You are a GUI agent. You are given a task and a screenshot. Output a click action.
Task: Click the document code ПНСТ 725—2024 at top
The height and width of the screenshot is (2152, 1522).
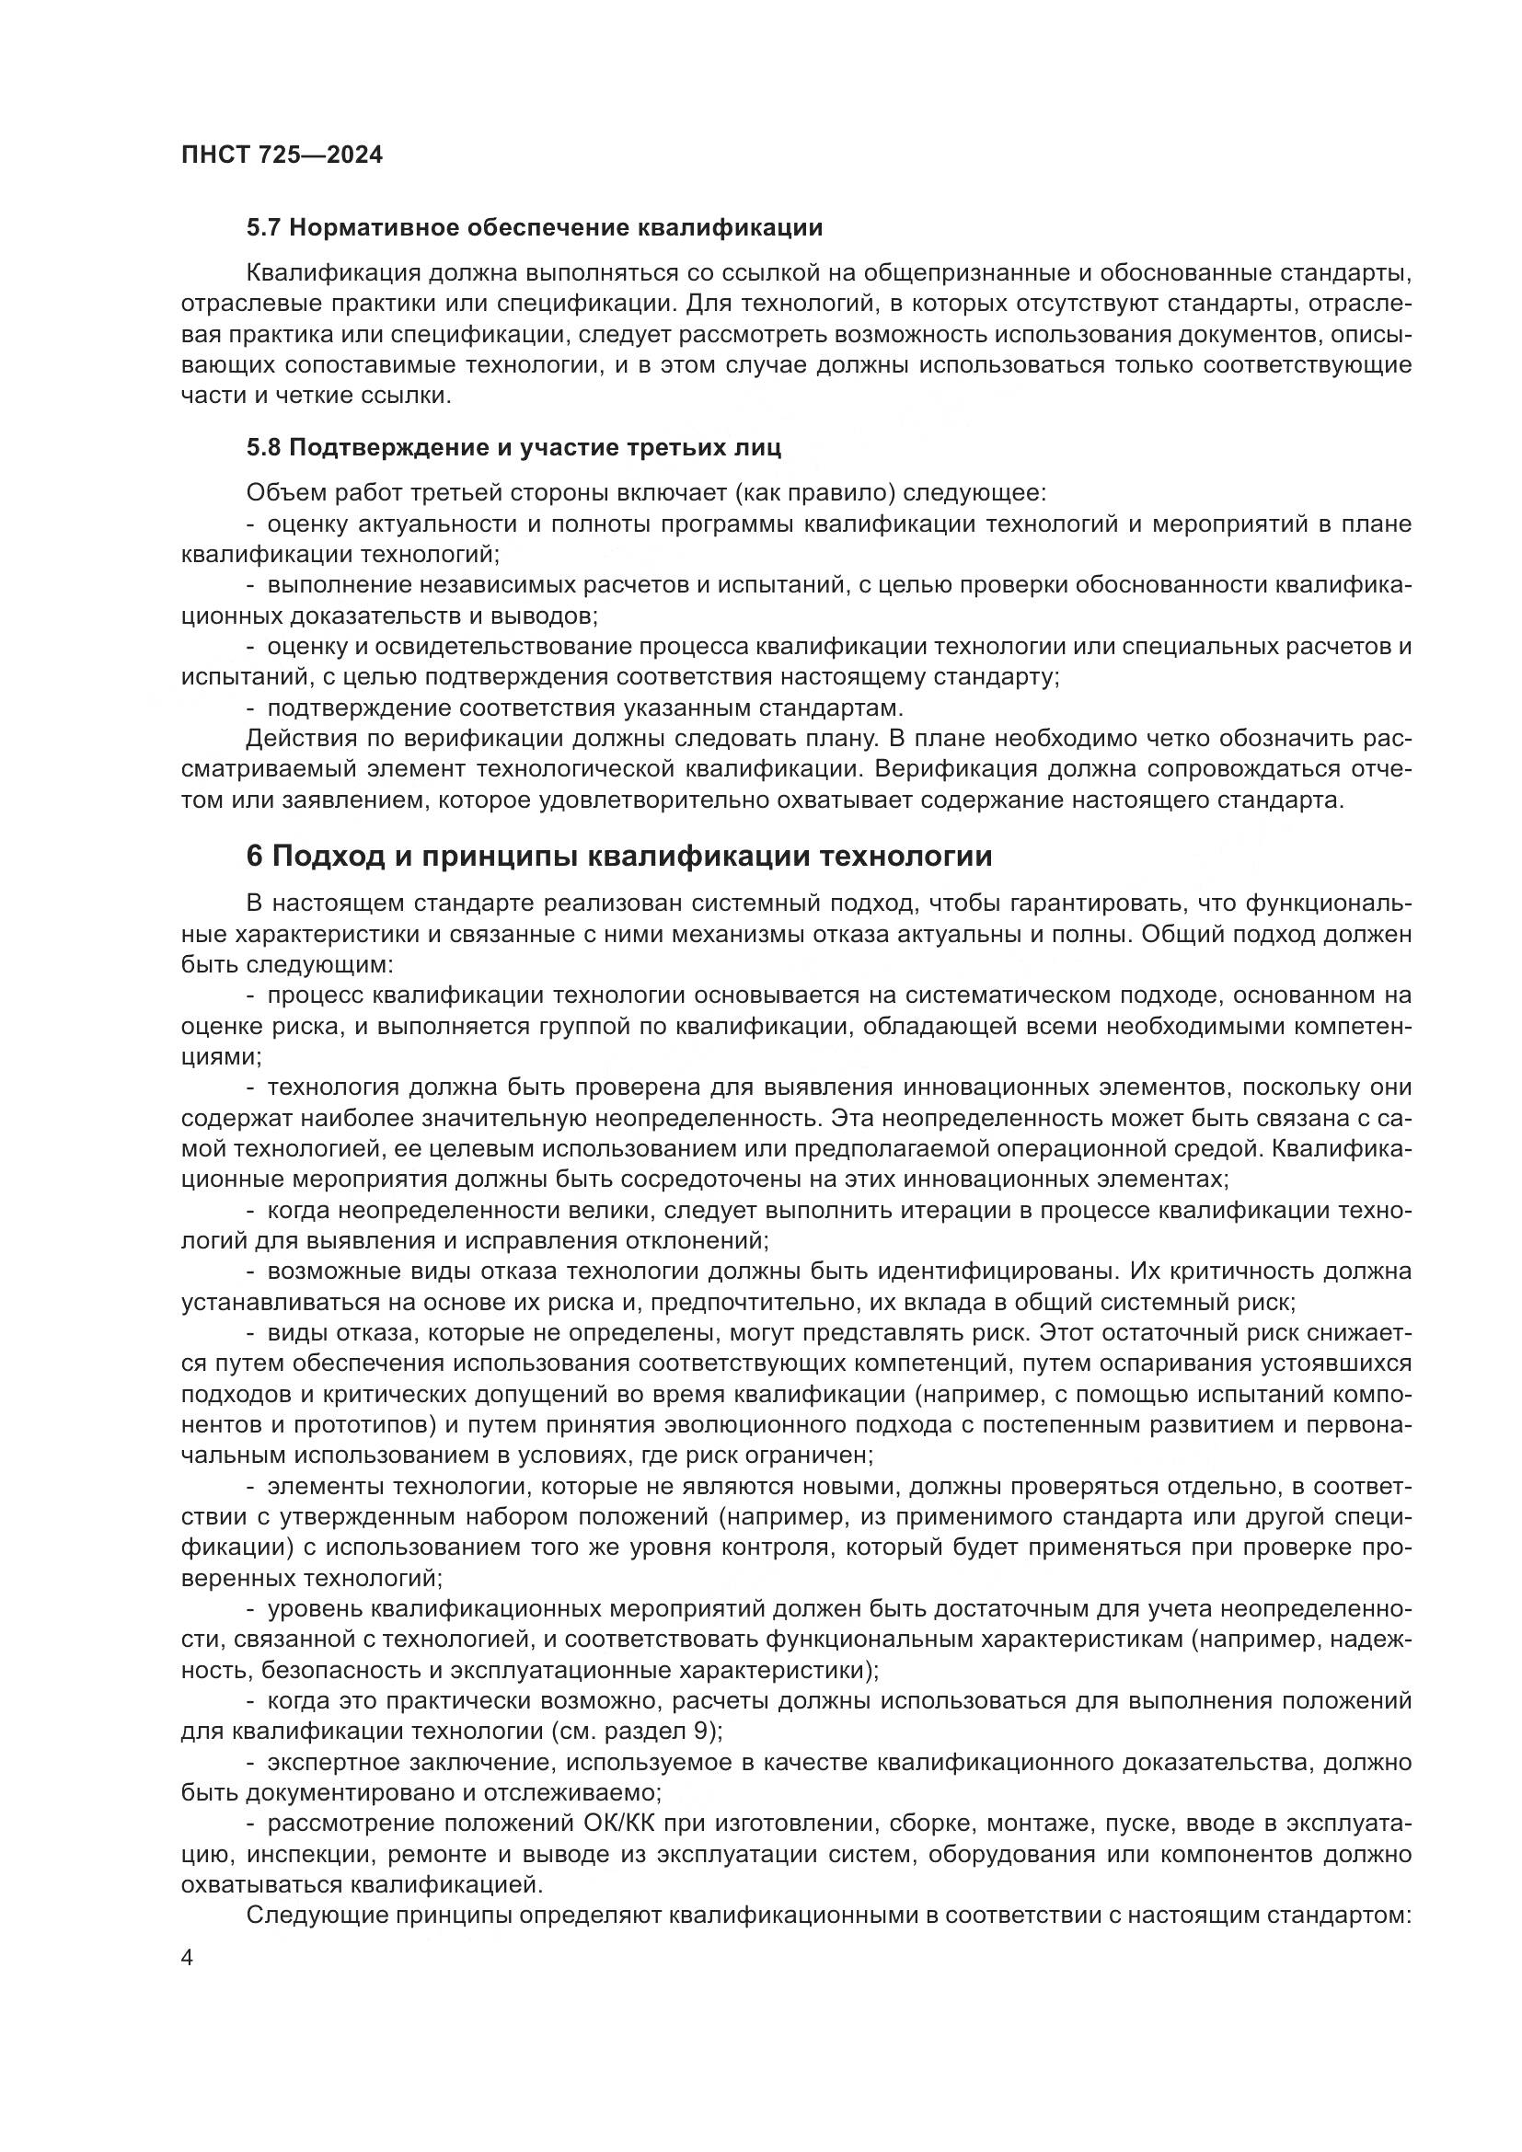282,155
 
